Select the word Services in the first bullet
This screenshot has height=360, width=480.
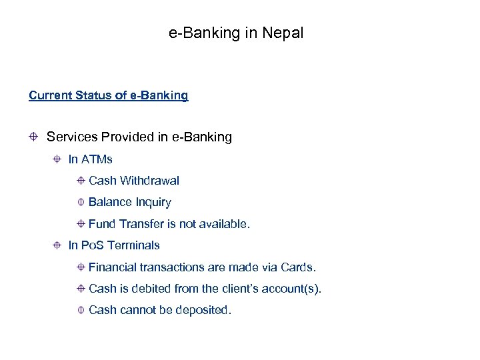point(72,137)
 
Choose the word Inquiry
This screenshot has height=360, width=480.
point(153,202)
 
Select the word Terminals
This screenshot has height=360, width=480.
point(133,245)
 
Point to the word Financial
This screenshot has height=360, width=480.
point(113,267)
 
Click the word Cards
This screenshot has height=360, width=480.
point(299,267)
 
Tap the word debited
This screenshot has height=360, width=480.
point(157,289)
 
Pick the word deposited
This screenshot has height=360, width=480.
point(203,310)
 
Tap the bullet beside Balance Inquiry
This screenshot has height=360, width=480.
point(80,202)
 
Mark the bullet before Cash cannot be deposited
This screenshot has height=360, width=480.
point(80,310)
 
